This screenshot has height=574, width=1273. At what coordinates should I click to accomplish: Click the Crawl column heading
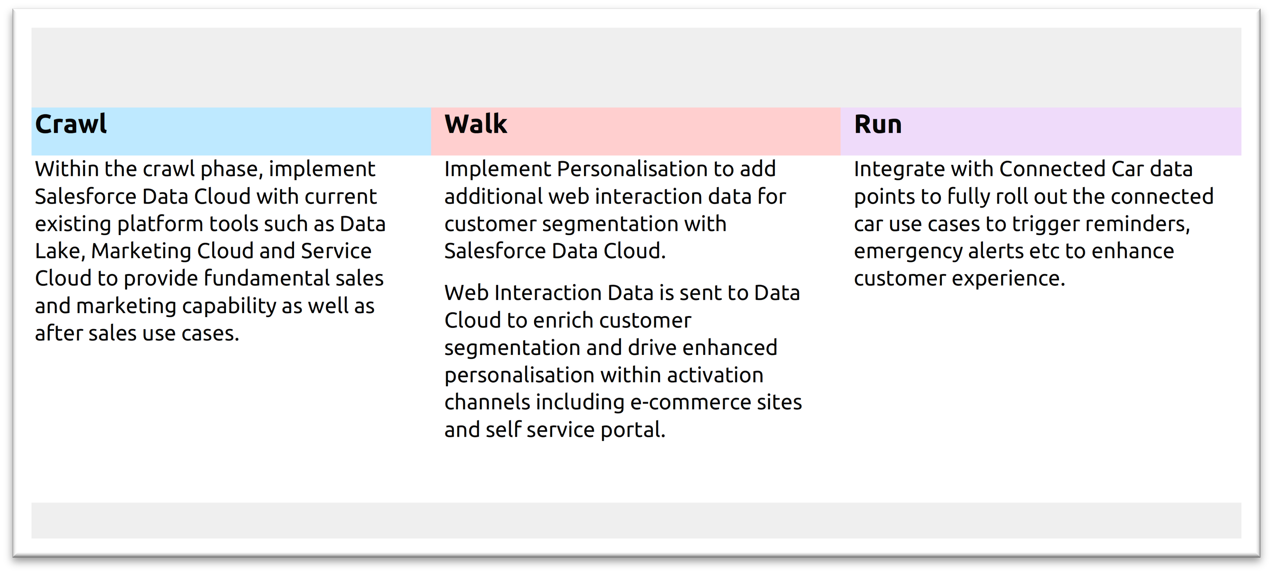(x=71, y=124)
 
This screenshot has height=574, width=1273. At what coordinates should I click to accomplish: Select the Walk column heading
(x=475, y=124)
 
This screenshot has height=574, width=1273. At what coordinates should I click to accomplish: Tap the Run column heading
(x=878, y=124)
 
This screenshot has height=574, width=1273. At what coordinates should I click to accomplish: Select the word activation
(x=715, y=375)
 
